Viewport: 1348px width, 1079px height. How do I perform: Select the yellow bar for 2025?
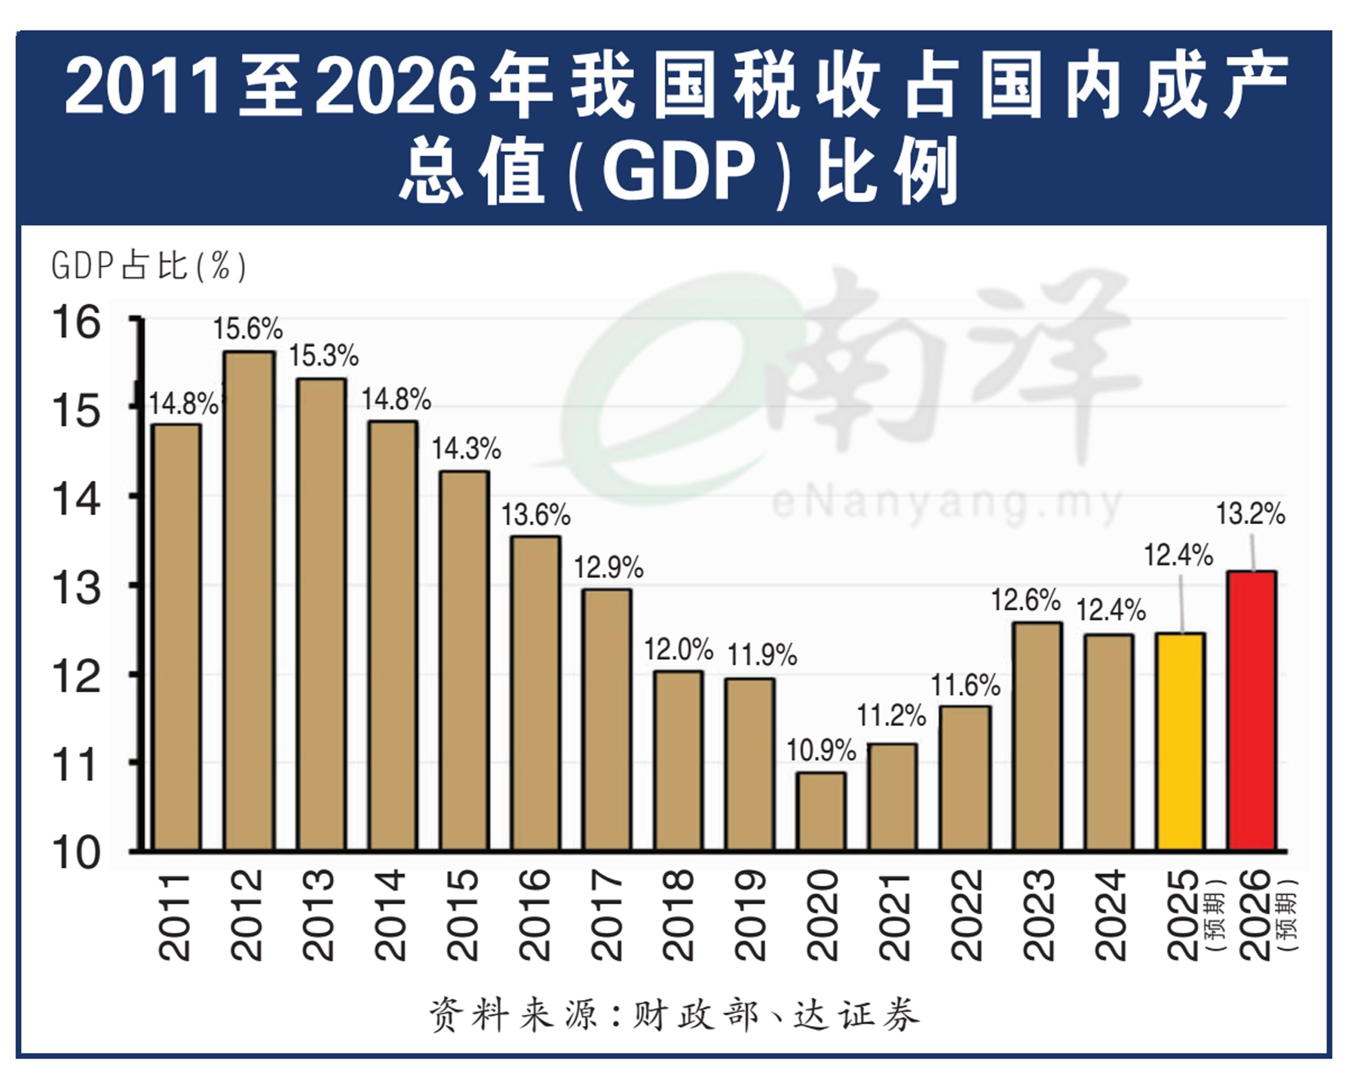coord(1181,742)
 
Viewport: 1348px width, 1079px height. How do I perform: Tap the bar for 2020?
coord(821,811)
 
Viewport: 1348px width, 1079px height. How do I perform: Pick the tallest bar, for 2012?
coord(250,601)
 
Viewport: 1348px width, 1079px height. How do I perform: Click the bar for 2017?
coord(607,719)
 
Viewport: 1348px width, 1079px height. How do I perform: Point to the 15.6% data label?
coord(247,329)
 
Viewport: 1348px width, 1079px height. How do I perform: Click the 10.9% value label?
coord(820,751)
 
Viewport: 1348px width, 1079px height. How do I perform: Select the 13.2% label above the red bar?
coord(1250,514)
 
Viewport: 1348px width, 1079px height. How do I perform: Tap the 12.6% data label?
coord(1025,601)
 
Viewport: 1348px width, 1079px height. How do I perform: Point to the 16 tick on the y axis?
coord(76,323)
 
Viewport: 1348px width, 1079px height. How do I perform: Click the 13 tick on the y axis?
coord(76,588)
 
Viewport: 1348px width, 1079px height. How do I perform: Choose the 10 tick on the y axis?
coord(76,853)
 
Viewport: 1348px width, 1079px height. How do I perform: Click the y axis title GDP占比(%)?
coord(149,267)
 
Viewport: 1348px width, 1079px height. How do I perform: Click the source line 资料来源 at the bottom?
coord(674,1014)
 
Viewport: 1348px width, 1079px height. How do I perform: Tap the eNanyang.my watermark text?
coord(947,503)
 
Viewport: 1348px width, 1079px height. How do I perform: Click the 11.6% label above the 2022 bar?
coord(965,686)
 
